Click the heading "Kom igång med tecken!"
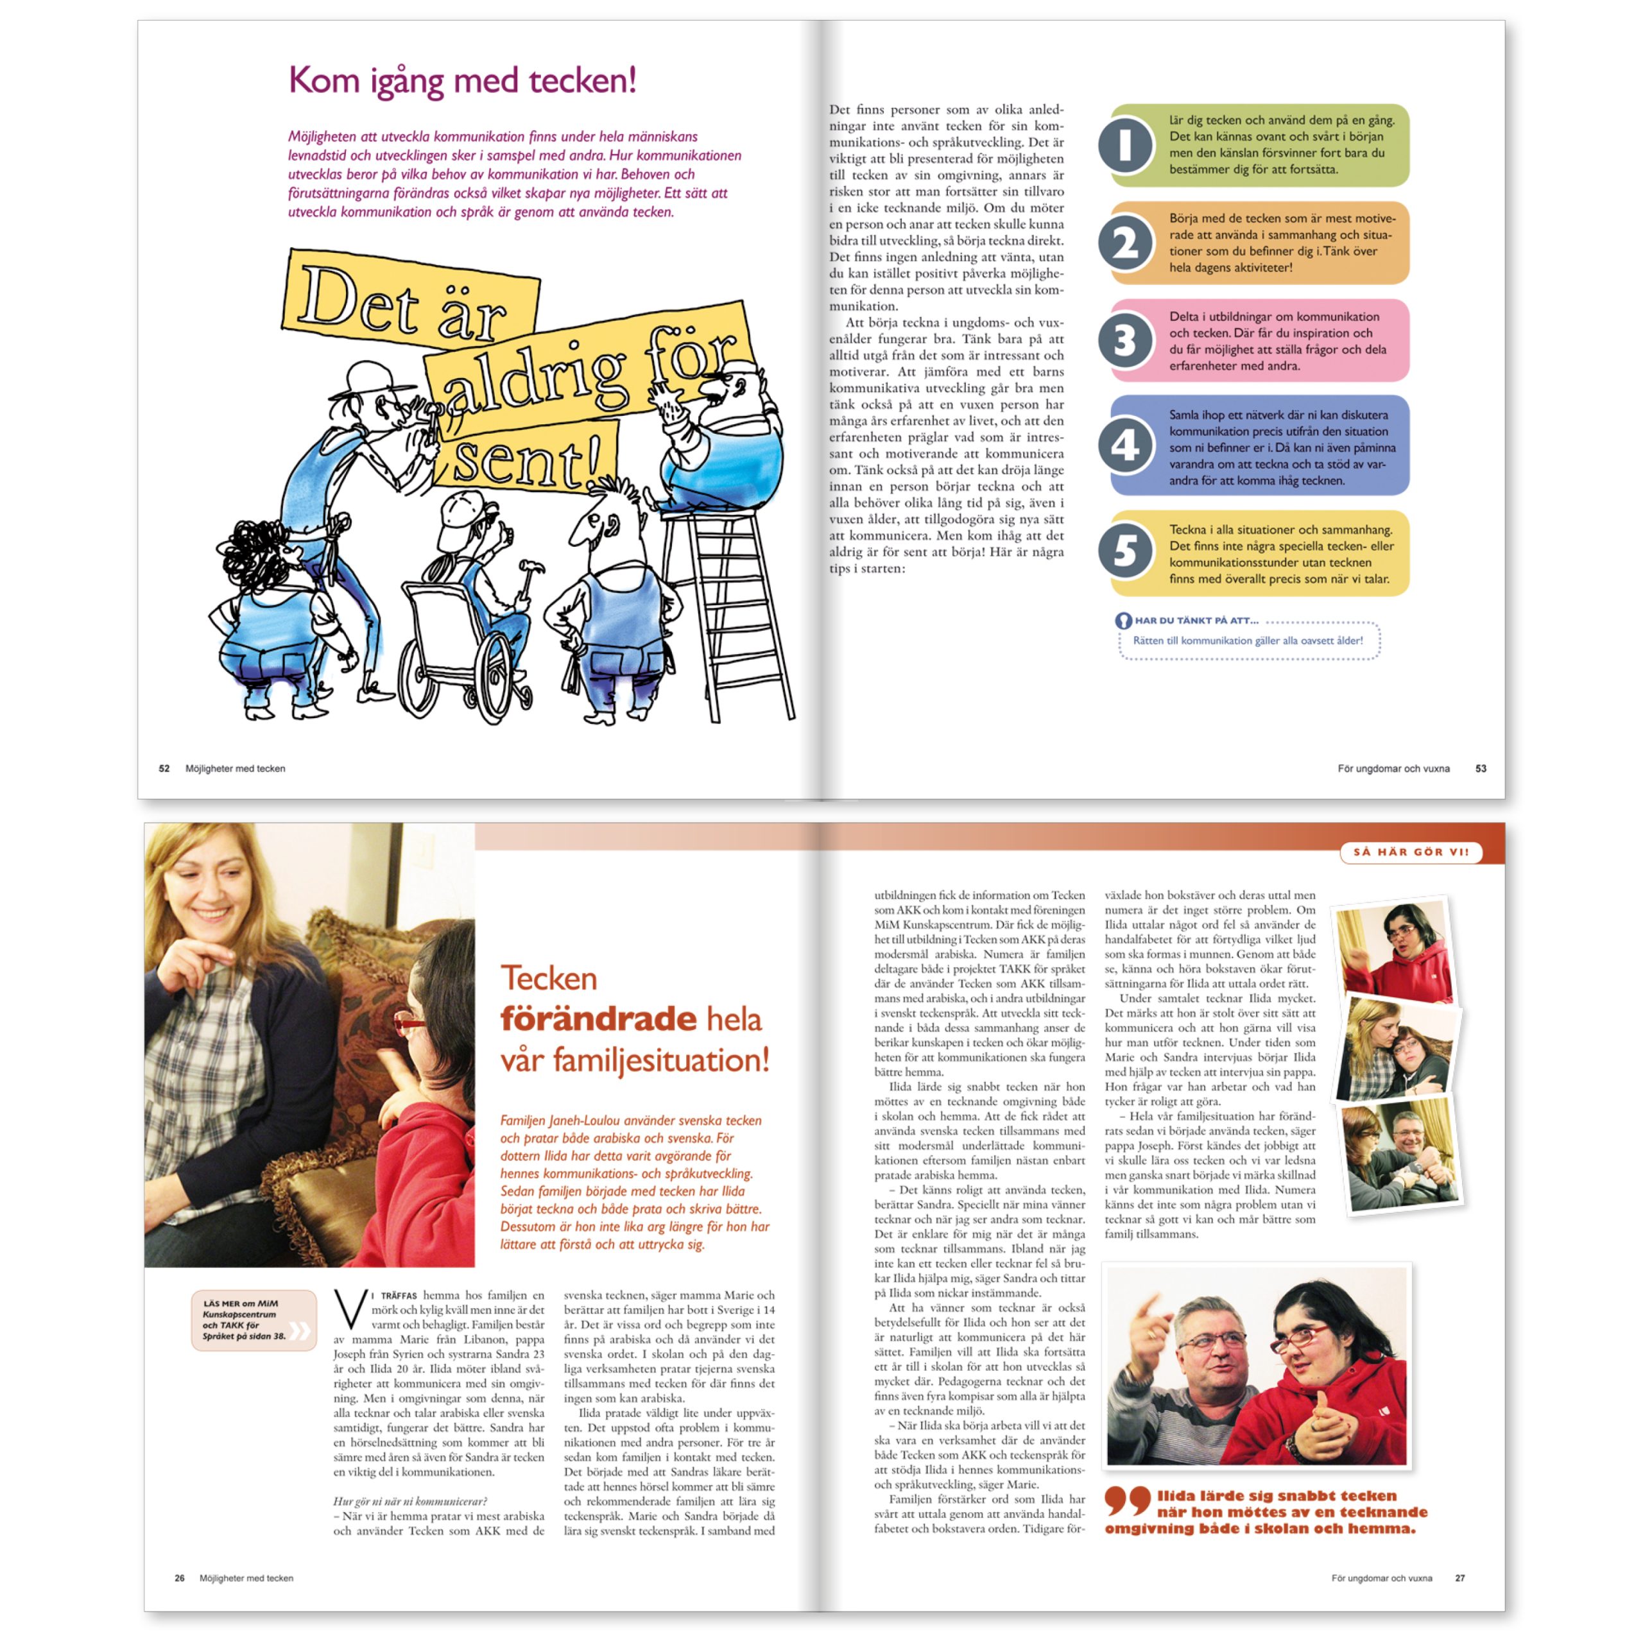(462, 82)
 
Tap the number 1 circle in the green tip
(1125, 146)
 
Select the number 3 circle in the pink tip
(1125, 340)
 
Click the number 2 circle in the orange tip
(1125, 243)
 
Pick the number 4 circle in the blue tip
(1125, 445)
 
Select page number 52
(164, 769)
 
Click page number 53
(1481, 769)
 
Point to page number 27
(1460, 1578)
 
